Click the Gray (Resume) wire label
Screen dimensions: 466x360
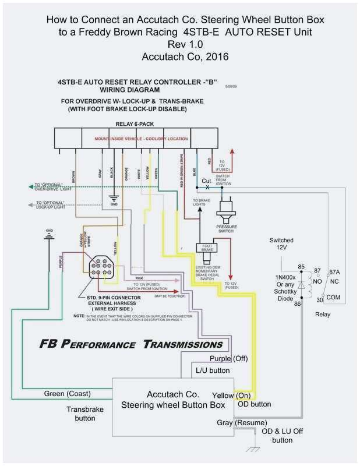tap(242, 422)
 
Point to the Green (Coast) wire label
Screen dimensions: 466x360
tap(67, 394)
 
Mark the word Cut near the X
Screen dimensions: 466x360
tap(206, 181)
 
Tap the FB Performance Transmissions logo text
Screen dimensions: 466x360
tap(131, 344)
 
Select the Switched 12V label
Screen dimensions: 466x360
tap(281, 243)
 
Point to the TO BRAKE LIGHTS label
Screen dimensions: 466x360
tap(202, 202)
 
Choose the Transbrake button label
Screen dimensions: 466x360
tap(85, 414)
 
